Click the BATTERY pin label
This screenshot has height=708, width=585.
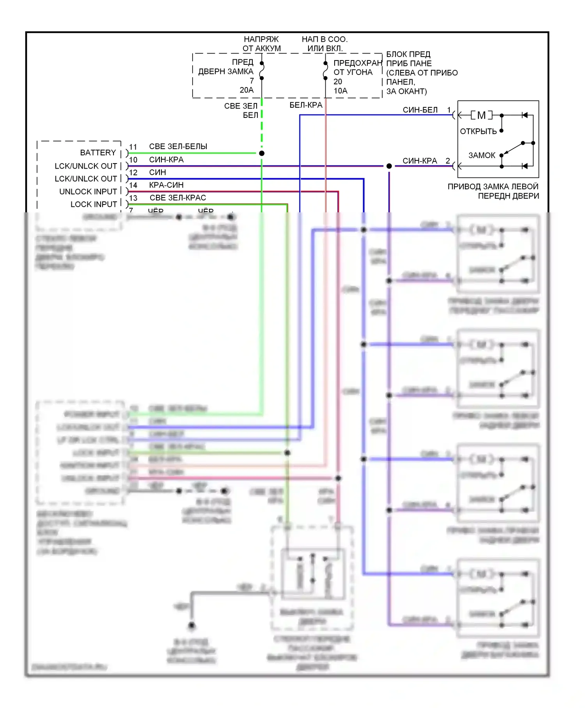point(98,153)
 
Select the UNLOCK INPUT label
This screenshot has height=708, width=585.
point(88,192)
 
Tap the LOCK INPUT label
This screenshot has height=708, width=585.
point(94,204)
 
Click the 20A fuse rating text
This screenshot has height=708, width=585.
point(246,90)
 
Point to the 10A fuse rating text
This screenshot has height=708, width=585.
point(340,91)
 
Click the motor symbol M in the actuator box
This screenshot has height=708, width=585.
point(481,115)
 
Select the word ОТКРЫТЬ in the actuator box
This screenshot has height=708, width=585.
point(478,132)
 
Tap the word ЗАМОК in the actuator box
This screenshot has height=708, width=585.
point(482,155)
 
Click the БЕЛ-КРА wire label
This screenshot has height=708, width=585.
point(306,105)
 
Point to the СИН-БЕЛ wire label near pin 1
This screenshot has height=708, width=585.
point(420,110)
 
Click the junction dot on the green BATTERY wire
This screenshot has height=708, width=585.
point(262,153)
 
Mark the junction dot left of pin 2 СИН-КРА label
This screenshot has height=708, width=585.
point(389,166)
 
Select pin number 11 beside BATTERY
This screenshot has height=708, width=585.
point(133,147)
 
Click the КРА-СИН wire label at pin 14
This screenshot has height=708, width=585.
point(166,185)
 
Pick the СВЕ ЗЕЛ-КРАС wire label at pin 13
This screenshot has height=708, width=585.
point(178,197)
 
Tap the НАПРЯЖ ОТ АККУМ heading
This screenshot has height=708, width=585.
point(261,44)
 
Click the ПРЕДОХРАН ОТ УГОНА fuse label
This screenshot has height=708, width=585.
point(357,68)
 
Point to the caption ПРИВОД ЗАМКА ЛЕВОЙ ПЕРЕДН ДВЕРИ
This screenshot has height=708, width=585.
point(493,191)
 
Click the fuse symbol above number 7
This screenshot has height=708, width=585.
point(262,71)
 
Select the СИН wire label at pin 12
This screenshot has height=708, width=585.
point(158,172)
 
